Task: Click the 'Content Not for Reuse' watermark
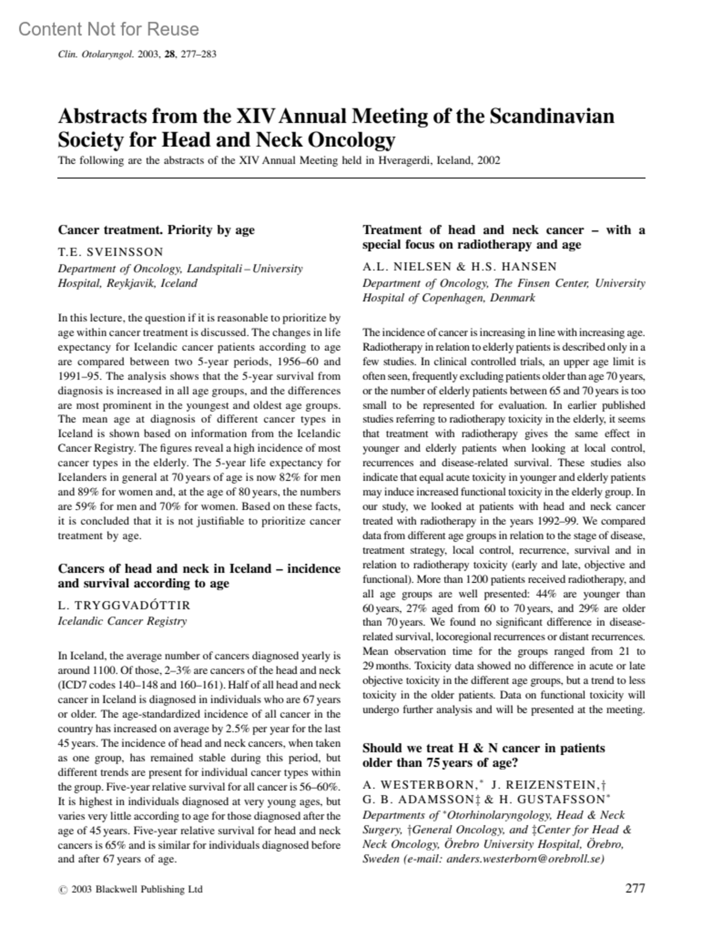(108, 29)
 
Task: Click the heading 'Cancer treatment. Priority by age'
(156, 230)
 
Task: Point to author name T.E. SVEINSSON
(110, 252)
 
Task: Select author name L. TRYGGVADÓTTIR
(124, 605)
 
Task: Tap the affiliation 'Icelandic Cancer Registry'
(122, 621)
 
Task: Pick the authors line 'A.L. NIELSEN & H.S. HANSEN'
(459, 267)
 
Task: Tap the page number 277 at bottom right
(635, 888)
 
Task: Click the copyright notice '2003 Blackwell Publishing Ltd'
(137, 889)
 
